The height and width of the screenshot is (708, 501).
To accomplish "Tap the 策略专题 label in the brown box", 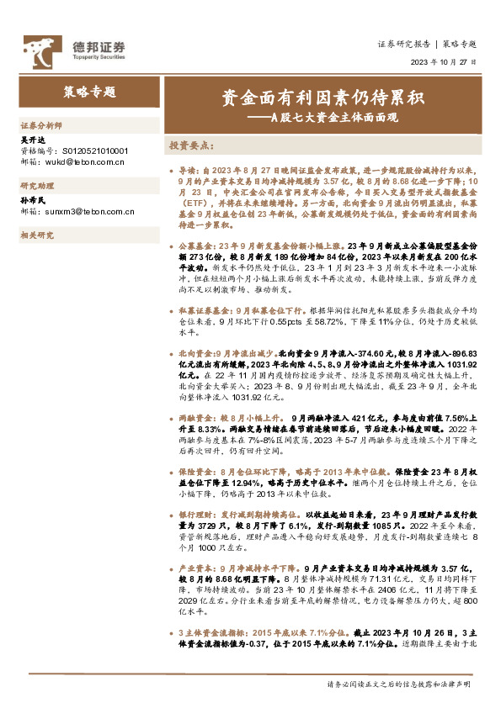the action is point(89,92).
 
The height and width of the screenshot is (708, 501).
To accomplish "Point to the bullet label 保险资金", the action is point(195,473).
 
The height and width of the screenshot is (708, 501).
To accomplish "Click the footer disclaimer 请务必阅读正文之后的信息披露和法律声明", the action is point(398,685).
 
